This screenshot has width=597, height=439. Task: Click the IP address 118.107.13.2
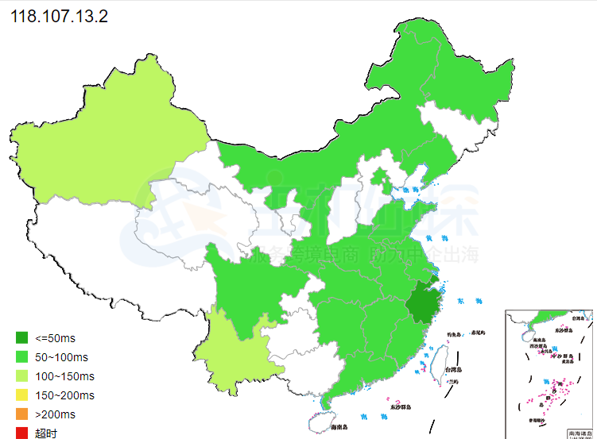point(59,17)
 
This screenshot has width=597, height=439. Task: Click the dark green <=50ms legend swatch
point(21,337)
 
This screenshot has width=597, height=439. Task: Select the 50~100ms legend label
point(62,356)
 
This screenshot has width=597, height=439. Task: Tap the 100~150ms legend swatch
point(21,375)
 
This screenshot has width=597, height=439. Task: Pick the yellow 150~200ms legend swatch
point(21,395)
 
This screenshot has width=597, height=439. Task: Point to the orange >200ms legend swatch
point(21,414)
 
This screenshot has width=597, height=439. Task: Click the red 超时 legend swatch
point(21,433)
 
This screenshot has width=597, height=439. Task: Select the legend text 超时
point(46,433)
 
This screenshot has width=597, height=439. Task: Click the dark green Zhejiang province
point(424,306)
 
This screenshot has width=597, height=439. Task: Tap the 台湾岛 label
point(452,370)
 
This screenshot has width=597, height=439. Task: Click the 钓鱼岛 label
point(454,333)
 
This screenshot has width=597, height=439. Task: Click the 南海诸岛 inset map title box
point(579,433)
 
